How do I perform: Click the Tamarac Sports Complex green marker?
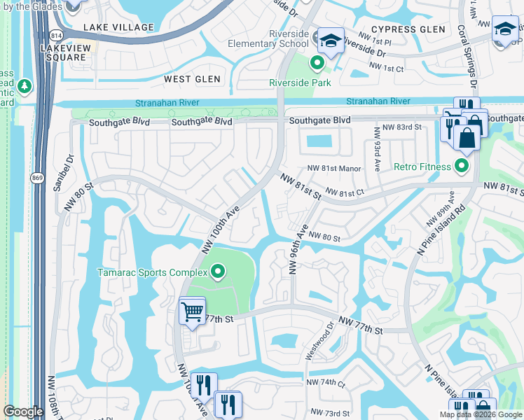point(217,272)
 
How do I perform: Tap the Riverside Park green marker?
point(317,65)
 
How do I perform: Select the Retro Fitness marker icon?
point(462,166)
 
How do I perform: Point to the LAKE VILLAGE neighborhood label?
point(118,27)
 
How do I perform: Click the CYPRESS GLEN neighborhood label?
point(408,29)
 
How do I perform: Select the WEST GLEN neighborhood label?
point(192,80)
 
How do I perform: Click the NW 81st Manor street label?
point(333,169)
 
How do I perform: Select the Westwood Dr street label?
point(321,341)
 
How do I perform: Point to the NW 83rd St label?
point(402,127)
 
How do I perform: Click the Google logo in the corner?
point(24,412)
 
